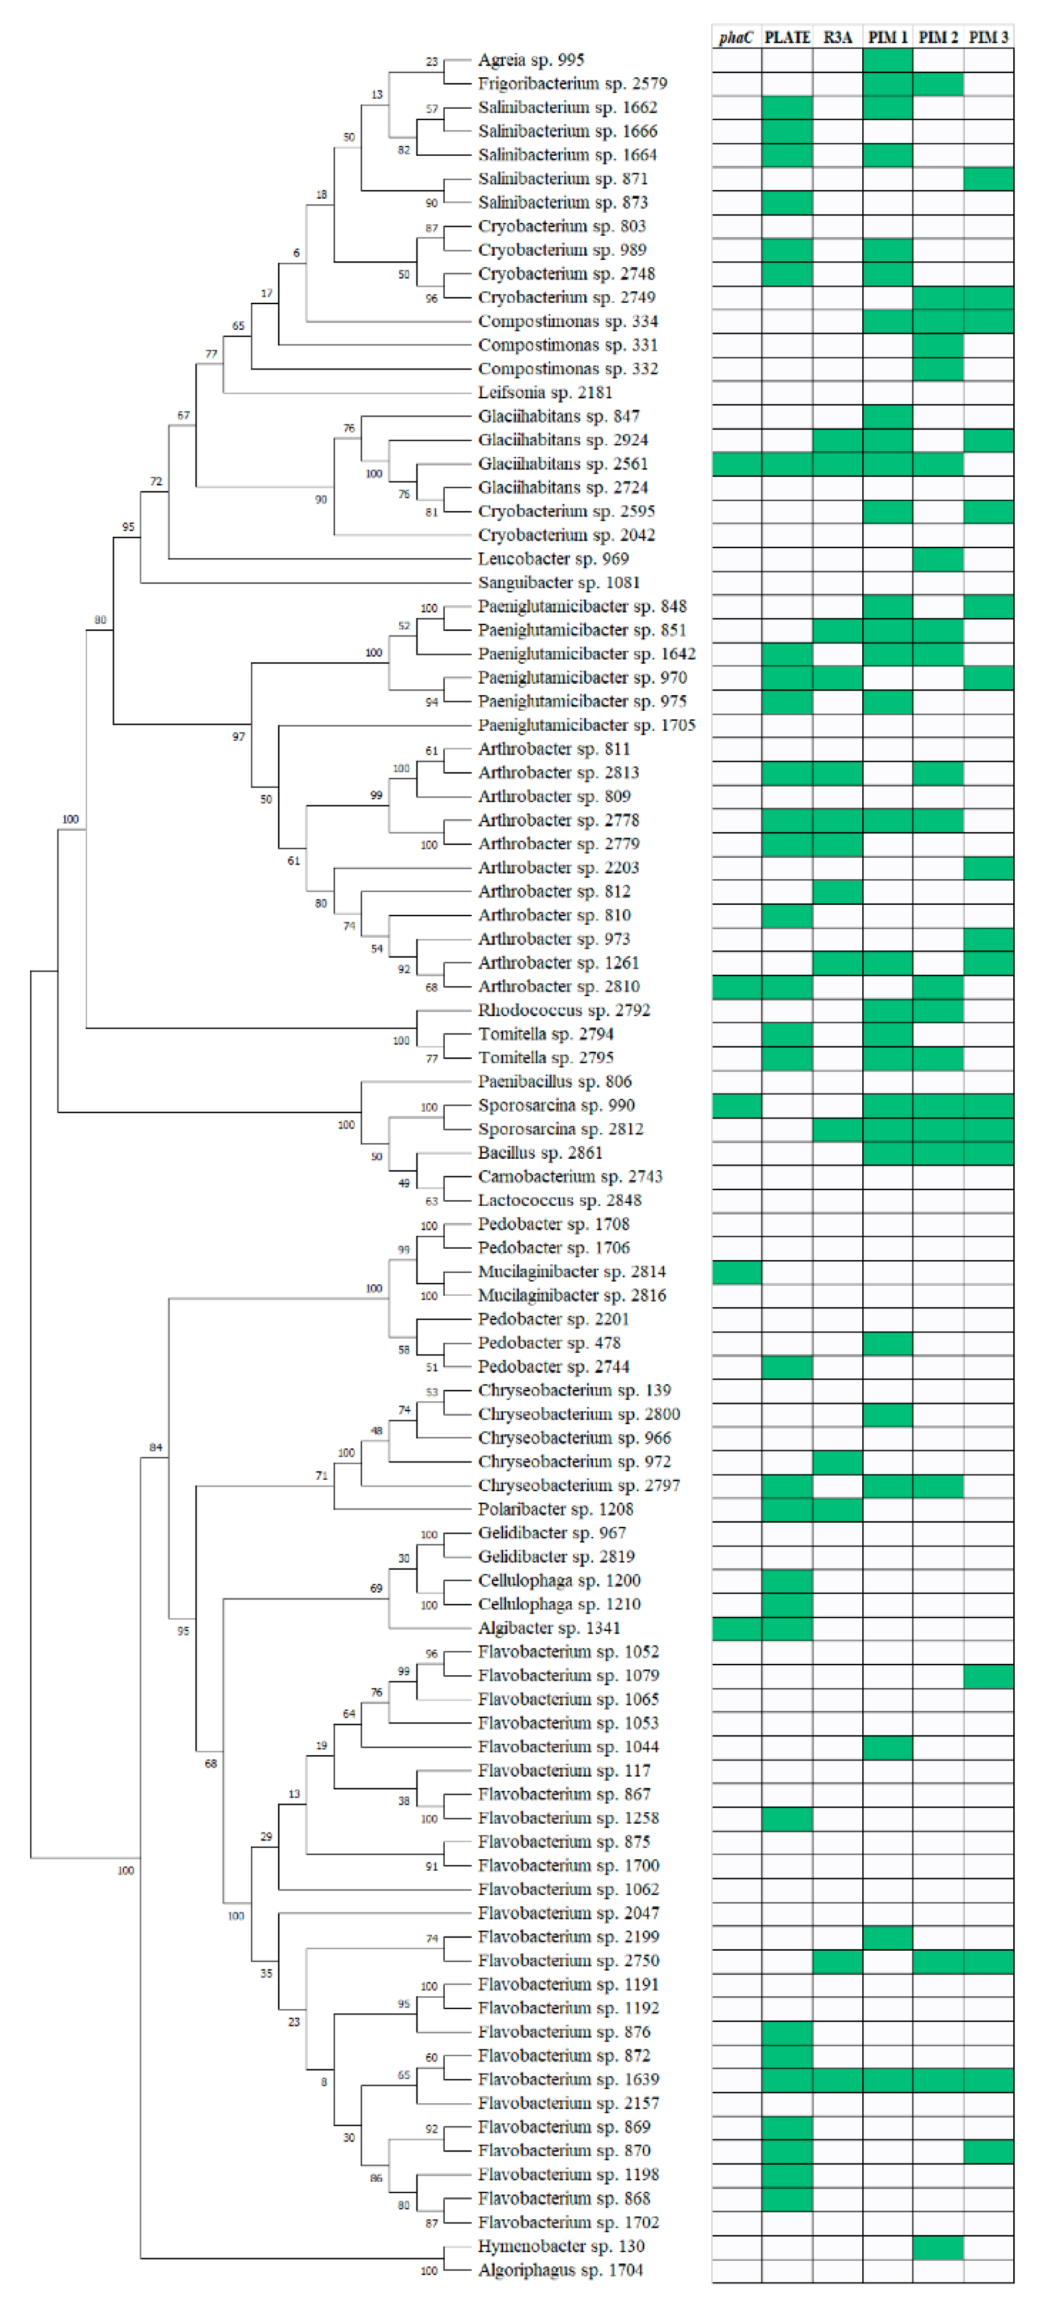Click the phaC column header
click(x=736, y=37)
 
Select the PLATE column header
click(x=787, y=37)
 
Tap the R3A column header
click(x=837, y=37)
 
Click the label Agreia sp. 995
click(x=531, y=60)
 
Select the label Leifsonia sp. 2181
click(x=545, y=393)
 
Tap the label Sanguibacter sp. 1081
click(x=559, y=583)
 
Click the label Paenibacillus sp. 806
click(x=555, y=1081)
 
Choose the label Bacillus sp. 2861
click(x=540, y=1153)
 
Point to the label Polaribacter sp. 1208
click(x=555, y=1509)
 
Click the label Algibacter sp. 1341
click(x=549, y=1628)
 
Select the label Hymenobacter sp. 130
click(x=561, y=2246)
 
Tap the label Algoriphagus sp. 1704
click(x=561, y=2270)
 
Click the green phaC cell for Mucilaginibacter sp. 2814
click(x=737, y=1272)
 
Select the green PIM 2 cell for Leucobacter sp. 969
click(x=938, y=559)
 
